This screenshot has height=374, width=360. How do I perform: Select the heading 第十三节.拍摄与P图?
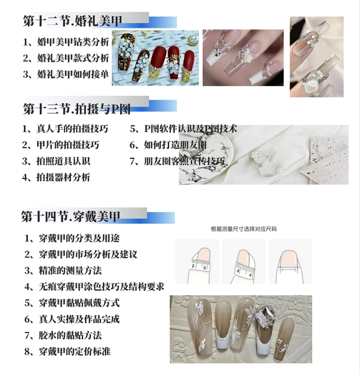pos(76,109)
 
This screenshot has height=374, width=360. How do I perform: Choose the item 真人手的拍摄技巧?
pos(65,129)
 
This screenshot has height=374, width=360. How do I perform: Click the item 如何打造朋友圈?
pos(168,145)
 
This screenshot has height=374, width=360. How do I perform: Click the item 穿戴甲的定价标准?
pos(67,351)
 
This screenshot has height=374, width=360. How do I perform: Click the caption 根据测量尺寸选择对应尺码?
pos(243,229)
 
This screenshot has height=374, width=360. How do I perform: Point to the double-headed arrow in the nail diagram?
pos(289,270)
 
